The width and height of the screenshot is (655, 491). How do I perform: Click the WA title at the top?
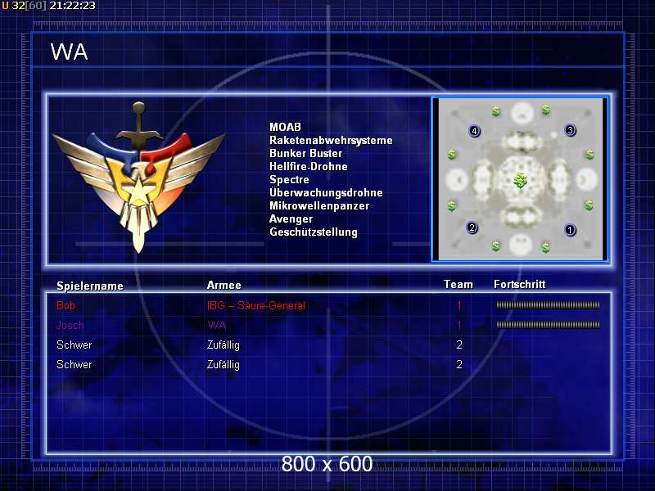pyautogui.click(x=69, y=52)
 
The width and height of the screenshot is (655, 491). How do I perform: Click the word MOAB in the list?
pyautogui.click(x=285, y=127)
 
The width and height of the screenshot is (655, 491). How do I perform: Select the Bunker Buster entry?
pyautogui.click(x=305, y=153)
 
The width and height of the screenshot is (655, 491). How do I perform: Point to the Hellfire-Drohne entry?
pyautogui.click(x=308, y=166)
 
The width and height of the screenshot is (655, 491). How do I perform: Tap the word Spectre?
pyautogui.click(x=289, y=179)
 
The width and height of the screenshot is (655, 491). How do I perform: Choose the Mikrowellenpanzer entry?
pyautogui.click(x=318, y=205)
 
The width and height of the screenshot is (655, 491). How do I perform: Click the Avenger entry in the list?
pyautogui.click(x=291, y=218)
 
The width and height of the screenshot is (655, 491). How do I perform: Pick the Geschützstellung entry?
pyautogui.click(x=313, y=232)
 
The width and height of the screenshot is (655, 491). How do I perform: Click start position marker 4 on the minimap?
pyautogui.click(x=473, y=130)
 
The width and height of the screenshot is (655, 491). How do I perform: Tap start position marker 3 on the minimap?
pyautogui.click(x=571, y=129)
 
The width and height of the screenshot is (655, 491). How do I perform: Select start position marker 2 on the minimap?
pyautogui.click(x=472, y=227)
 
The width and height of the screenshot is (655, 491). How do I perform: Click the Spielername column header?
pyautogui.click(x=89, y=286)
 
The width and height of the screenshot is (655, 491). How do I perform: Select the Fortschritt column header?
pyautogui.click(x=519, y=284)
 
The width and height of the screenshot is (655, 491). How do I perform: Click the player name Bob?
pyautogui.click(x=65, y=305)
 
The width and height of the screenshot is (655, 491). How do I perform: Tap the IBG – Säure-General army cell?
pyautogui.click(x=255, y=305)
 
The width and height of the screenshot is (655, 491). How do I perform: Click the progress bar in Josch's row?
pyautogui.click(x=548, y=325)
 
